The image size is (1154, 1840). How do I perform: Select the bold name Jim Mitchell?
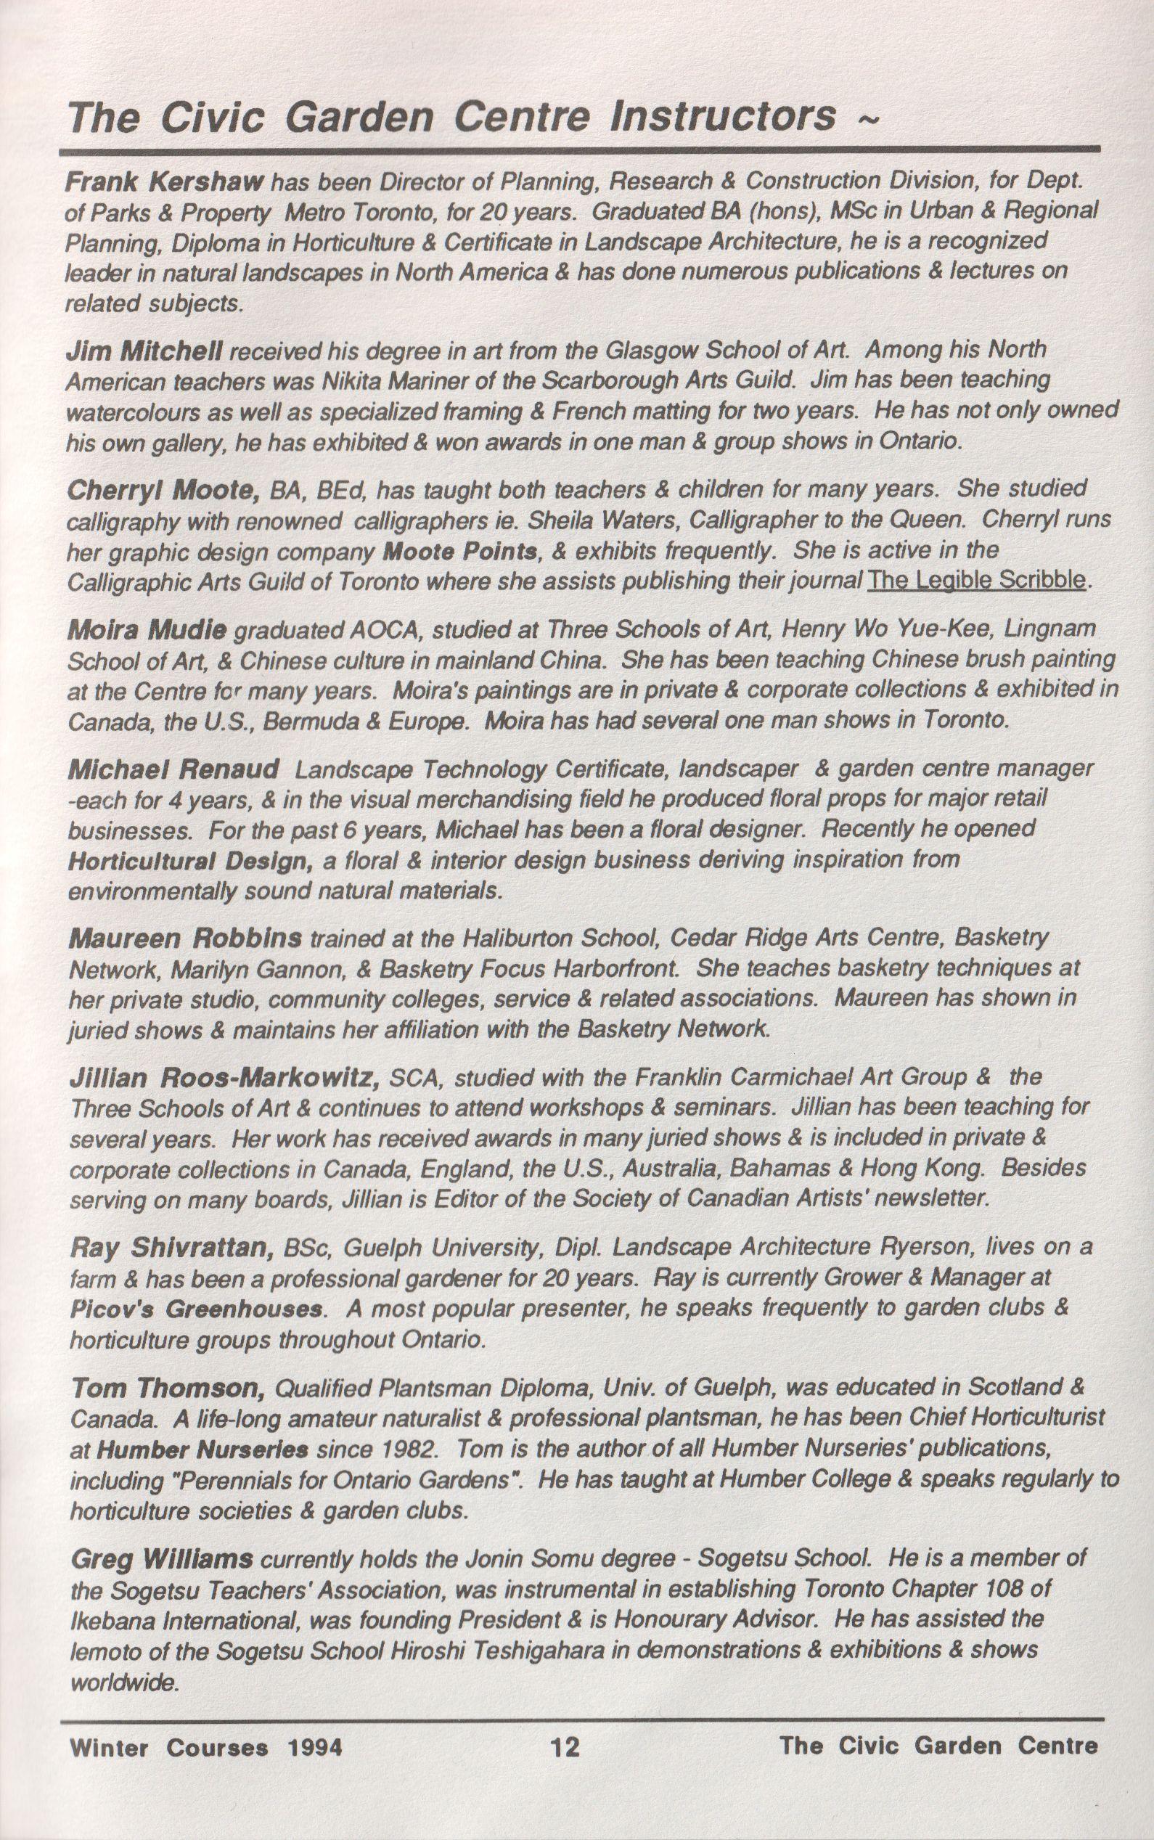click(145, 351)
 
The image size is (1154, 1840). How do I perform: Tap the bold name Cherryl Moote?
click(165, 489)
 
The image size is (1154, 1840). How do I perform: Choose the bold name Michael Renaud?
click(173, 769)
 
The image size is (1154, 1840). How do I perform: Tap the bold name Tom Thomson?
click(168, 1389)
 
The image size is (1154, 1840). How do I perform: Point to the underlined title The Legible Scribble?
click(976, 581)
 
